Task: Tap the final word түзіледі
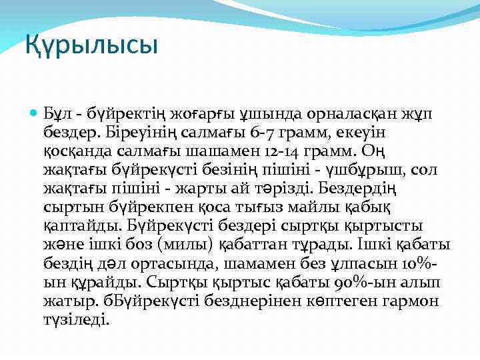coord(77,319)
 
